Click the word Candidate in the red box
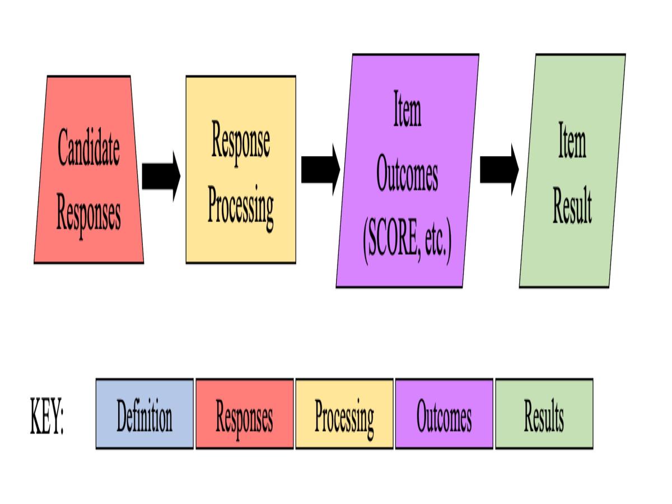click(88, 147)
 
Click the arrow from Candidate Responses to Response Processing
click(161, 176)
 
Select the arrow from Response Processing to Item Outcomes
click(320, 170)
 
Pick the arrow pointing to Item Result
click(499, 170)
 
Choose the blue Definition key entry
click(144, 414)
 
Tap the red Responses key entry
click(244, 414)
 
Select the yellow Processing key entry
click(344, 414)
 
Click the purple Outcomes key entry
click(444, 414)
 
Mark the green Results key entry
click(544, 414)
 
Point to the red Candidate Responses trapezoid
click(88, 246)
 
